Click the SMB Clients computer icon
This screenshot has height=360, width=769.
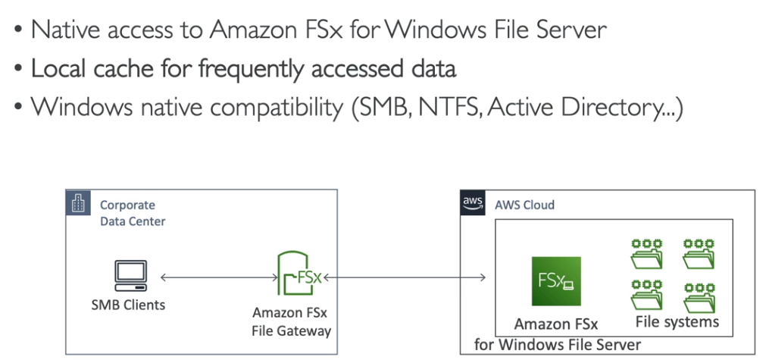129,277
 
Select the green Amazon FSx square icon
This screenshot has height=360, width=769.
555,281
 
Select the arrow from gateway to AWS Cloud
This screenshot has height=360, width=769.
405,277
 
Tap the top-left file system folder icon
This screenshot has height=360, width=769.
647,252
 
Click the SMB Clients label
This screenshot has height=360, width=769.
129,305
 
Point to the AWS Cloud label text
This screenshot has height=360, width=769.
524,205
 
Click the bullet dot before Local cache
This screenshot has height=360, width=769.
19,70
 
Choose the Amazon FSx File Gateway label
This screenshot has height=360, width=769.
292,321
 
